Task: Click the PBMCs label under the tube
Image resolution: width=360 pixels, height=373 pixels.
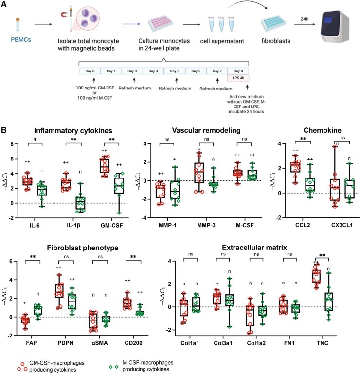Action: tap(21, 39)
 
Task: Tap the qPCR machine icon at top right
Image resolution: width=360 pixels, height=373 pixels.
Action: tap(335, 26)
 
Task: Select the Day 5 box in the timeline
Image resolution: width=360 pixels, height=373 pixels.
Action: tap(175, 71)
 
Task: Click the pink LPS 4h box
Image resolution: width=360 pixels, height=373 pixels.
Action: tap(238, 78)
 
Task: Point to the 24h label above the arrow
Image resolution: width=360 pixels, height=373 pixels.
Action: tap(305, 19)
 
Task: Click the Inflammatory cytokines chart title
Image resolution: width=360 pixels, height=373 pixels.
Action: tap(73, 131)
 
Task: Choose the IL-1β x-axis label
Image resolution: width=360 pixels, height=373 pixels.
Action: tap(73, 225)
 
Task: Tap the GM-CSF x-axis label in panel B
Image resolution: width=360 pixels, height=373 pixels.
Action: tap(111, 225)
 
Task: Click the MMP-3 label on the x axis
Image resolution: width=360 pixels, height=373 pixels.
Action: tap(206, 225)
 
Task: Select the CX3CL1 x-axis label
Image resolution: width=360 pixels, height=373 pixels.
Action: tap(342, 225)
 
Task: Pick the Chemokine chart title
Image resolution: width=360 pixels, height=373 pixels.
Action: tap(322, 130)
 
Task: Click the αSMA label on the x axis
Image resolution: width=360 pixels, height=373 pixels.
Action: tap(100, 343)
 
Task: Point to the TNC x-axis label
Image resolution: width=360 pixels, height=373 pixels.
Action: tap(323, 343)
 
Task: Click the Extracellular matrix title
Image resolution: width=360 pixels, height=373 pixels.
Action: tap(254, 248)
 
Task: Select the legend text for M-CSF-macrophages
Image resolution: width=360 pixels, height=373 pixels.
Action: tap(148, 366)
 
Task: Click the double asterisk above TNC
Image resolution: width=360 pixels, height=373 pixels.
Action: tap(322, 256)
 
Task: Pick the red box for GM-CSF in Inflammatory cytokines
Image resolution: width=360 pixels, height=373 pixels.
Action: tap(105, 165)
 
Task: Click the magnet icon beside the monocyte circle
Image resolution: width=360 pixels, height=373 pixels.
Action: tap(64, 15)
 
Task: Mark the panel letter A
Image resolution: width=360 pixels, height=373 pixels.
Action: tap(4, 4)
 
